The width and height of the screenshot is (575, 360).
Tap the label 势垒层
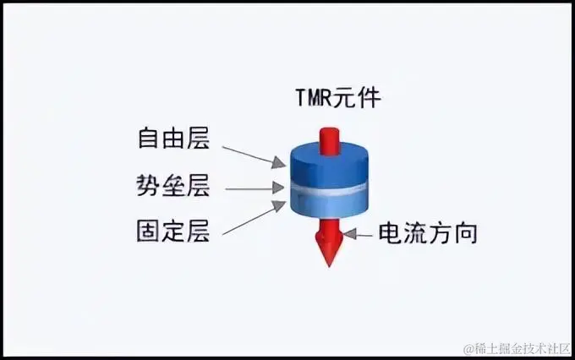(172, 185)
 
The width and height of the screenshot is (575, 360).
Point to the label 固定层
(172, 231)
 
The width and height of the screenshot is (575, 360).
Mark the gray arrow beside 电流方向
(361, 234)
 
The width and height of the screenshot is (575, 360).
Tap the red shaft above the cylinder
(327, 135)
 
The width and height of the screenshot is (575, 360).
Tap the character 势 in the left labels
(149, 185)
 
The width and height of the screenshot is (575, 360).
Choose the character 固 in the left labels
(149, 231)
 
